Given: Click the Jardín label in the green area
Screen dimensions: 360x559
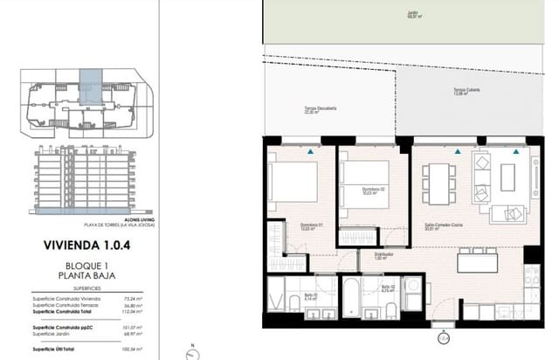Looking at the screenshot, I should (411, 14).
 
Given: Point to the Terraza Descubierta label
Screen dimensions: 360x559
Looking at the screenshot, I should (307, 109).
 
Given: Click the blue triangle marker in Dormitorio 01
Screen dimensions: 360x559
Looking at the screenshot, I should (312, 151).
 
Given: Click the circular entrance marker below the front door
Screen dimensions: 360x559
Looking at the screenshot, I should (444, 336).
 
